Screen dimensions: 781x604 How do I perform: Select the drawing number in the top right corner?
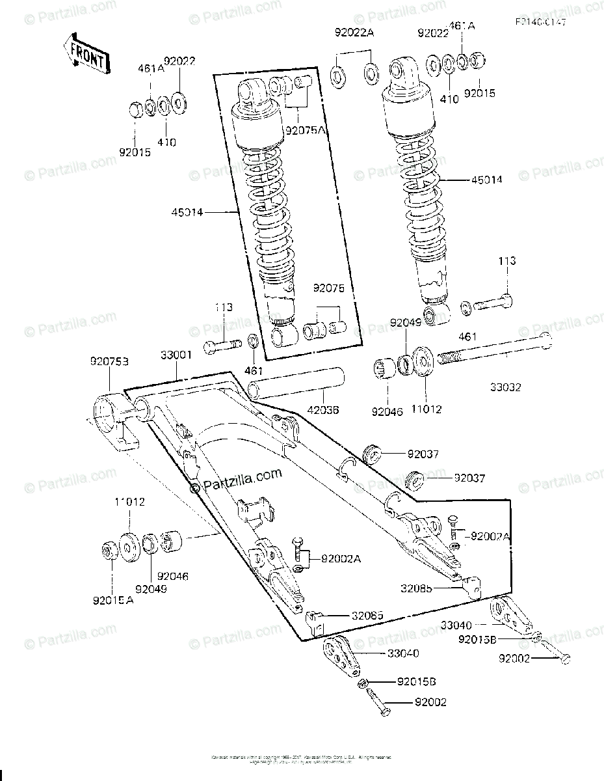click(x=540, y=22)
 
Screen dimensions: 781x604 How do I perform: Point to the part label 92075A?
click(x=304, y=130)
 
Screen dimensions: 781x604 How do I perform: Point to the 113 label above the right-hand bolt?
click(x=507, y=261)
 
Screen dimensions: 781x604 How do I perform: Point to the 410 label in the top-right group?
click(x=449, y=99)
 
